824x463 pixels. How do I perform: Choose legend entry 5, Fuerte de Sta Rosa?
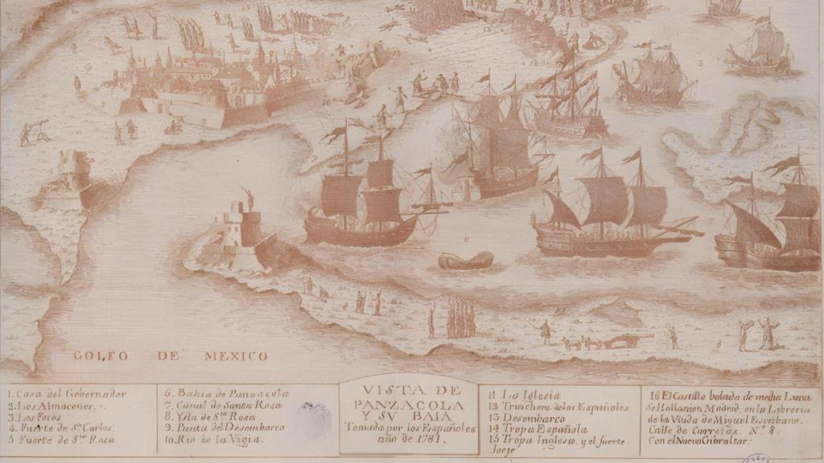pyautogui.click(x=60, y=440)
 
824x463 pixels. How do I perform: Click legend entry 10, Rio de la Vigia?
pyautogui.click(x=214, y=440)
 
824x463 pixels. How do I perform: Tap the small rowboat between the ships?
pyautogui.click(x=466, y=260)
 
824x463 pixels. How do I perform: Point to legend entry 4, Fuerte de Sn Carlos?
pyautogui.click(x=61, y=428)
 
